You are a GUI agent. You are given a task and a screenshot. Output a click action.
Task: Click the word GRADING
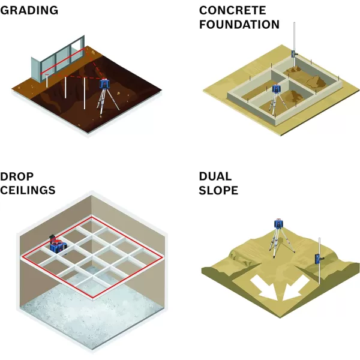[x=29, y=10]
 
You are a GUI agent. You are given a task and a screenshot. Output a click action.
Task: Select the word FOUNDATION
[x=239, y=25]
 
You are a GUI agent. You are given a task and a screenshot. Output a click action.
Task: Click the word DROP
[x=17, y=176]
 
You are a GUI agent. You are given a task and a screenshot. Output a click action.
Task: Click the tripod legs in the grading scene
[x=104, y=102]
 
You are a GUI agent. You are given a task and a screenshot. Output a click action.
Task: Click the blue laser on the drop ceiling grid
[x=56, y=245]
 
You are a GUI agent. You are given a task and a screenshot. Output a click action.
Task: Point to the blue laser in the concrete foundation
[x=276, y=90]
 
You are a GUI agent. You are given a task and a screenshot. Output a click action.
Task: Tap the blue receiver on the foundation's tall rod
[x=294, y=53]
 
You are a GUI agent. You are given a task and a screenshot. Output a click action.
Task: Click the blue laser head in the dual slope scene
[x=278, y=224]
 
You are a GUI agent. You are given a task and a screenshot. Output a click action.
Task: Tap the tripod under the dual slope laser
[x=278, y=243]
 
